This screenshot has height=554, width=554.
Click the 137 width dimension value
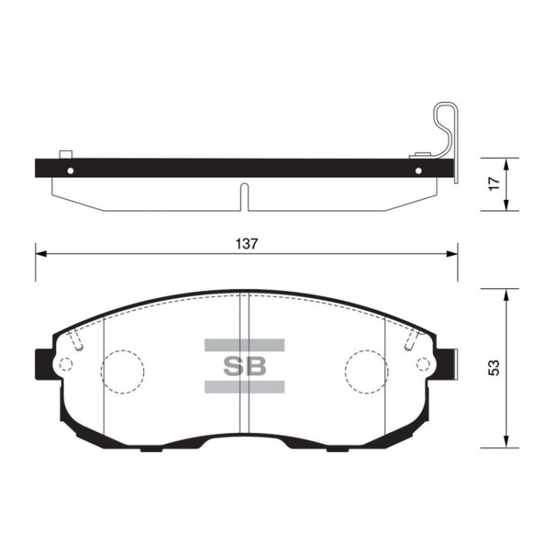[247, 244]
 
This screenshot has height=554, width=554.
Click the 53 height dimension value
[494, 368]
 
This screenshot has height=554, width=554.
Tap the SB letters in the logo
[244, 366]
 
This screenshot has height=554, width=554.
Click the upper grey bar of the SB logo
[244, 345]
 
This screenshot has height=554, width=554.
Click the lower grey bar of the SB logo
[244, 387]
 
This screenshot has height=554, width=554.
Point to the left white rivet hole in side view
[70, 171]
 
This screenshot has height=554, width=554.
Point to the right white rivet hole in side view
[419, 171]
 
